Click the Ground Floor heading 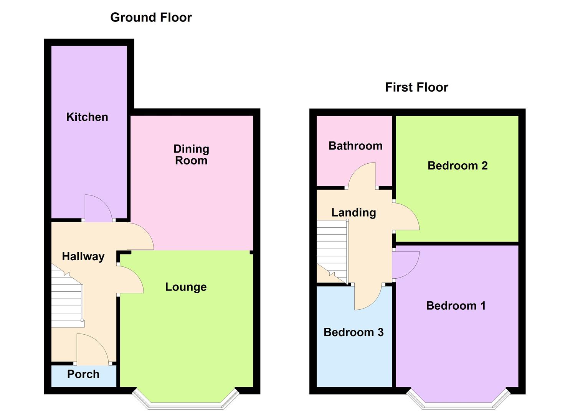151,18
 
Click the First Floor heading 416,87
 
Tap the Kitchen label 87,117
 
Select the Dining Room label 191,154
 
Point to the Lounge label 186,287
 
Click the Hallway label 83,256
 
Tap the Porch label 83,374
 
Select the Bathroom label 355,146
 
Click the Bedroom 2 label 457,166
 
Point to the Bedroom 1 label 456,306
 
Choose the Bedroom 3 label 354,332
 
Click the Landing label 354,212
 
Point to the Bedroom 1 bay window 458,402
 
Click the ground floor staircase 67,303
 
